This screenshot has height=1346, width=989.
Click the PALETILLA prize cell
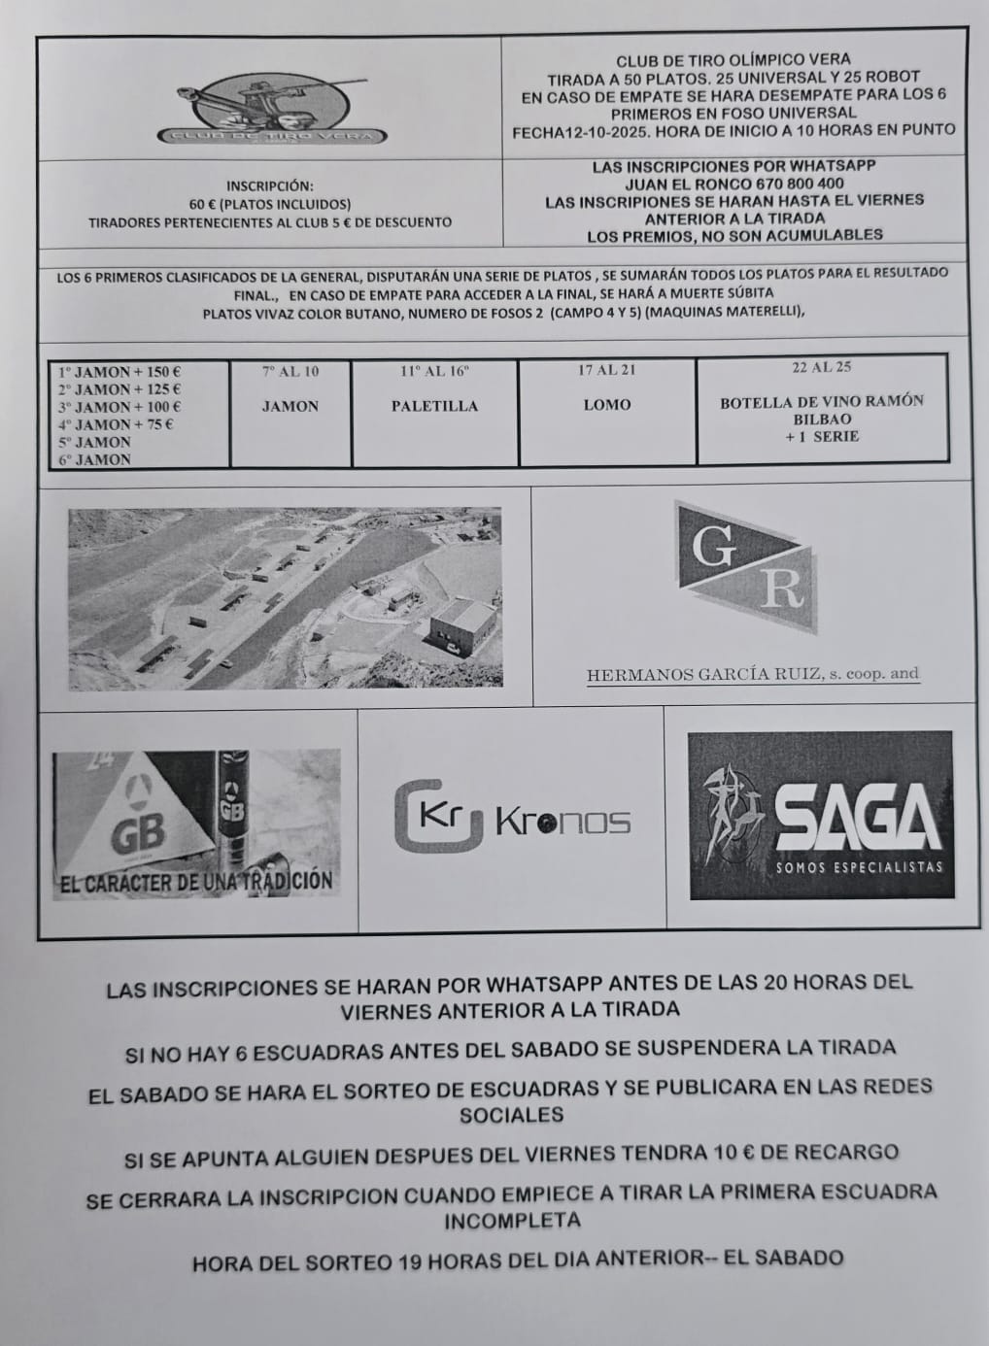(434, 406)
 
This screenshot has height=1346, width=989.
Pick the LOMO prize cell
(607, 405)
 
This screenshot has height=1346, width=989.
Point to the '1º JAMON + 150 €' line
(119, 371)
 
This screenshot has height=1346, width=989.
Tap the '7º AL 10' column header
(290, 371)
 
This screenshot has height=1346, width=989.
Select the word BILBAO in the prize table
(822, 420)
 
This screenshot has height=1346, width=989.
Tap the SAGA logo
(820, 815)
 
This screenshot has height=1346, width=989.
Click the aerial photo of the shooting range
(286, 598)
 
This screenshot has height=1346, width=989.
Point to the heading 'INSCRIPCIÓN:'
(270, 185)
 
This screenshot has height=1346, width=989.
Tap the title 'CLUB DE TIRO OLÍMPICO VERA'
(734, 59)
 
